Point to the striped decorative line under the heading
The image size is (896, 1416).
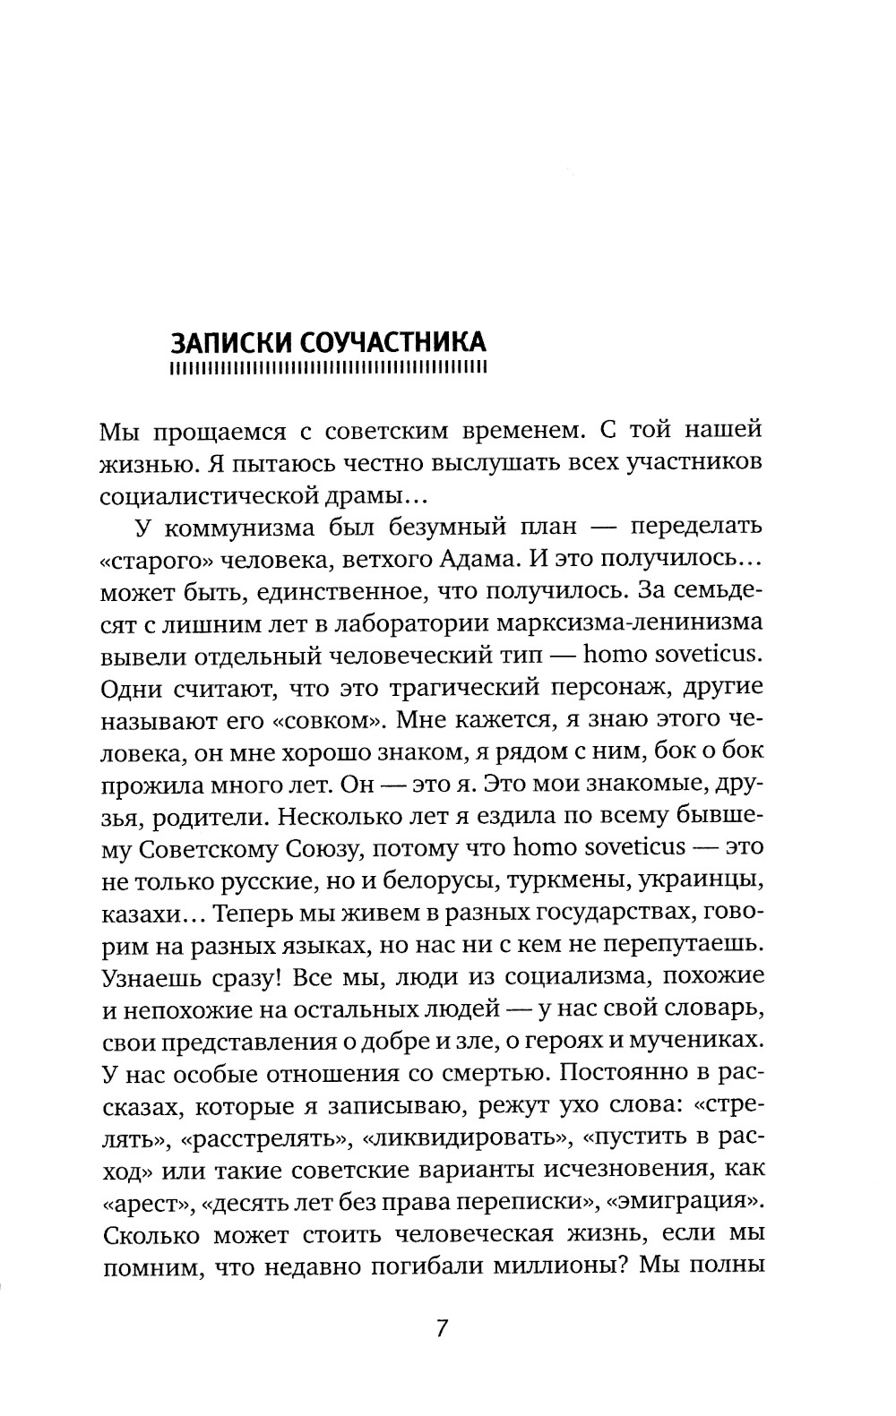(x=328, y=367)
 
